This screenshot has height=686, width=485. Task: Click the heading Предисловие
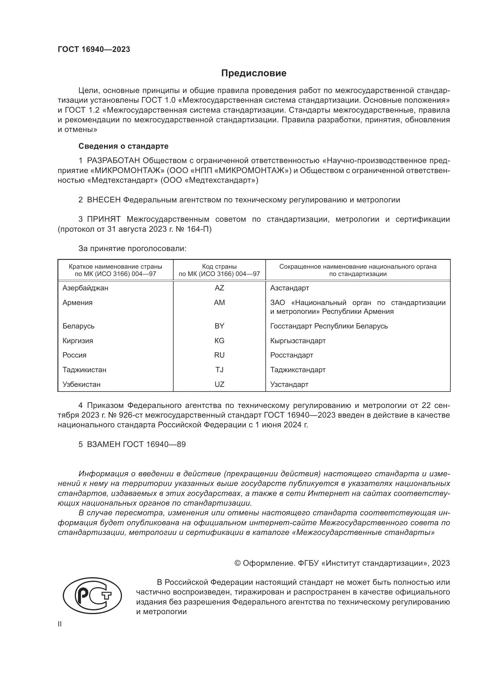pyautogui.click(x=254, y=73)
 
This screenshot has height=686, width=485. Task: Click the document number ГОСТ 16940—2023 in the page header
pyautogui.click(x=94, y=49)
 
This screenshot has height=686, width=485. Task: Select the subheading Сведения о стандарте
pyautogui.click(x=123, y=146)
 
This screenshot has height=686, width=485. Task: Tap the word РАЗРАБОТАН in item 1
pyautogui.click(x=113, y=161)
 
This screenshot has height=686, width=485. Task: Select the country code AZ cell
pyautogui.click(x=219, y=288)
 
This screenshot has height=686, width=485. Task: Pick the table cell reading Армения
pyautogui.click(x=77, y=303)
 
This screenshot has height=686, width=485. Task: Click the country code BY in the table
pyautogui.click(x=219, y=326)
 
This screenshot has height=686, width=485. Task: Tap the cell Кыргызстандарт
pyautogui.click(x=298, y=341)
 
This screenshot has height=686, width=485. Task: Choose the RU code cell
pyautogui.click(x=219, y=355)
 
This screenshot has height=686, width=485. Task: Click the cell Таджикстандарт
pyautogui.click(x=298, y=370)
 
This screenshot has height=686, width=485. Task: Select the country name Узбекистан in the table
pyautogui.click(x=81, y=385)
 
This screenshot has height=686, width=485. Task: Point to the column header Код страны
pyautogui.click(x=219, y=267)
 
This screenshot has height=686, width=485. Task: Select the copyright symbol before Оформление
pyautogui.click(x=238, y=563)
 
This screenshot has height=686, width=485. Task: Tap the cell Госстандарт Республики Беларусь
pyautogui.click(x=329, y=326)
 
